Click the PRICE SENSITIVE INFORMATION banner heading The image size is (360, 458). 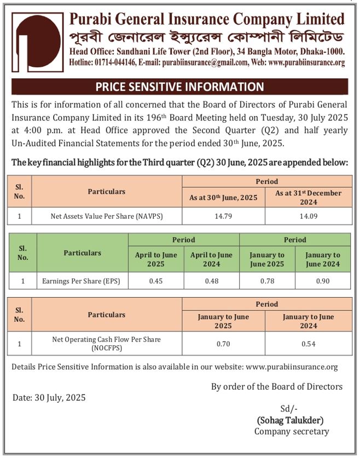(180, 86)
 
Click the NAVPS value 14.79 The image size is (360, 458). (223, 216)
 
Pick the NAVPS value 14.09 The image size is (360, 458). (309, 216)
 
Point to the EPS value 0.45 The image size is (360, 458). (155, 281)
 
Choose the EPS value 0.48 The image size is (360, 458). (212, 281)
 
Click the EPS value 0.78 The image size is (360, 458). (267, 281)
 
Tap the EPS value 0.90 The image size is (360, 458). (323, 281)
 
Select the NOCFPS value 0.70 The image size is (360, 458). (223, 344)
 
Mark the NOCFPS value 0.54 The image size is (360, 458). (309, 344)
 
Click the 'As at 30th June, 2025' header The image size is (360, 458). (223, 197)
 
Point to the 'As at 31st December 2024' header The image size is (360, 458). (309, 197)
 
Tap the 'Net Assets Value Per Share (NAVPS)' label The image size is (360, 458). (106, 216)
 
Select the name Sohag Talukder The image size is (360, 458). (290, 420)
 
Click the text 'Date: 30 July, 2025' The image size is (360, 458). (49, 398)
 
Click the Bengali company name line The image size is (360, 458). (207, 38)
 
